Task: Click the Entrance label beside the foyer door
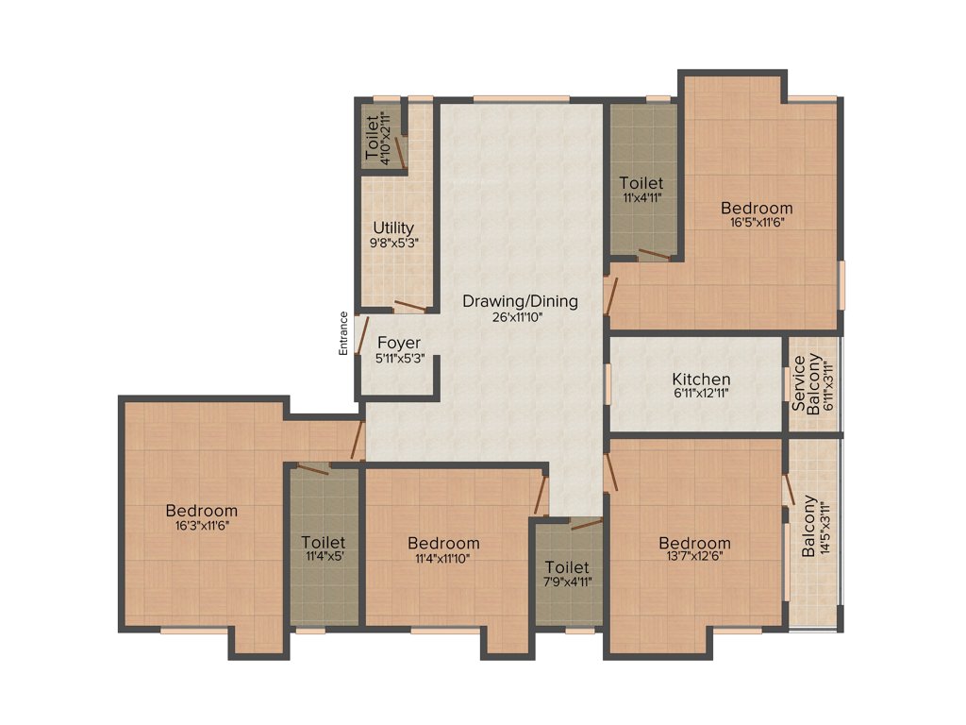[x=344, y=333]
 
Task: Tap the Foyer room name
[x=399, y=343]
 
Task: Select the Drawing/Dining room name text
[x=520, y=302]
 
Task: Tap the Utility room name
[x=393, y=228]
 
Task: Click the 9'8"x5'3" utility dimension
[x=393, y=243]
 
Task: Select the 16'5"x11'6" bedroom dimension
[x=757, y=224]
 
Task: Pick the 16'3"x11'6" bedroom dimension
[x=202, y=526]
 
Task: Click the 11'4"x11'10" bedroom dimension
[x=443, y=558]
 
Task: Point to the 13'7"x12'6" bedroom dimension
[x=694, y=558]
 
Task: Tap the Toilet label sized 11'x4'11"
[x=641, y=182]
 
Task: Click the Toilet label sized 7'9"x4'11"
[x=567, y=567]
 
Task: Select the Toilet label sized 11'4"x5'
[x=324, y=543]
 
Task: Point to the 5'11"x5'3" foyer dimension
[x=399, y=358]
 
